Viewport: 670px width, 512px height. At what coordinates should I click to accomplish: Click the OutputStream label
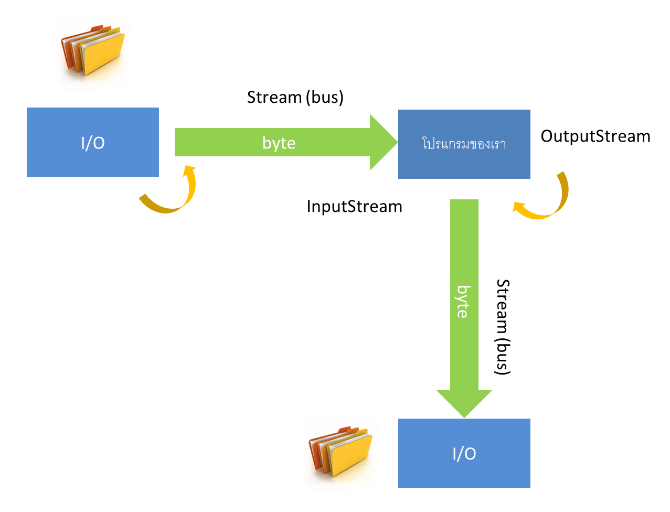pos(594,136)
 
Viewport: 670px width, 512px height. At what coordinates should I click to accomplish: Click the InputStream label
pos(354,206)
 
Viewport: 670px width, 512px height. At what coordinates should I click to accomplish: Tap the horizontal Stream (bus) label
pos(295,98)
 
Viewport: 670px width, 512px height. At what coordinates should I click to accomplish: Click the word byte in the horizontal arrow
pos(279,143)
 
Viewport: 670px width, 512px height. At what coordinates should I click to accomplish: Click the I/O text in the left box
pos(92,143)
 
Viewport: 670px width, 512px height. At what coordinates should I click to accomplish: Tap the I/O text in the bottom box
pos(464,453)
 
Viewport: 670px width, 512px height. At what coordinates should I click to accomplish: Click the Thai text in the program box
pos(464,143)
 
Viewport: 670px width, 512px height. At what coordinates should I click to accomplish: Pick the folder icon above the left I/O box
pos(93,51)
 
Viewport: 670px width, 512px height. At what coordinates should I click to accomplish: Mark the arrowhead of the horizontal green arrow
pos(383,142)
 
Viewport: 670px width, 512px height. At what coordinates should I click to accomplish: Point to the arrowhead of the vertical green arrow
pos(464,403)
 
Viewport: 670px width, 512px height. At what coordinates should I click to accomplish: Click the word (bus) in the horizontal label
pos(325,98)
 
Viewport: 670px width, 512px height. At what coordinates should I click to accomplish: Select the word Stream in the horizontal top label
pos(274,98)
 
